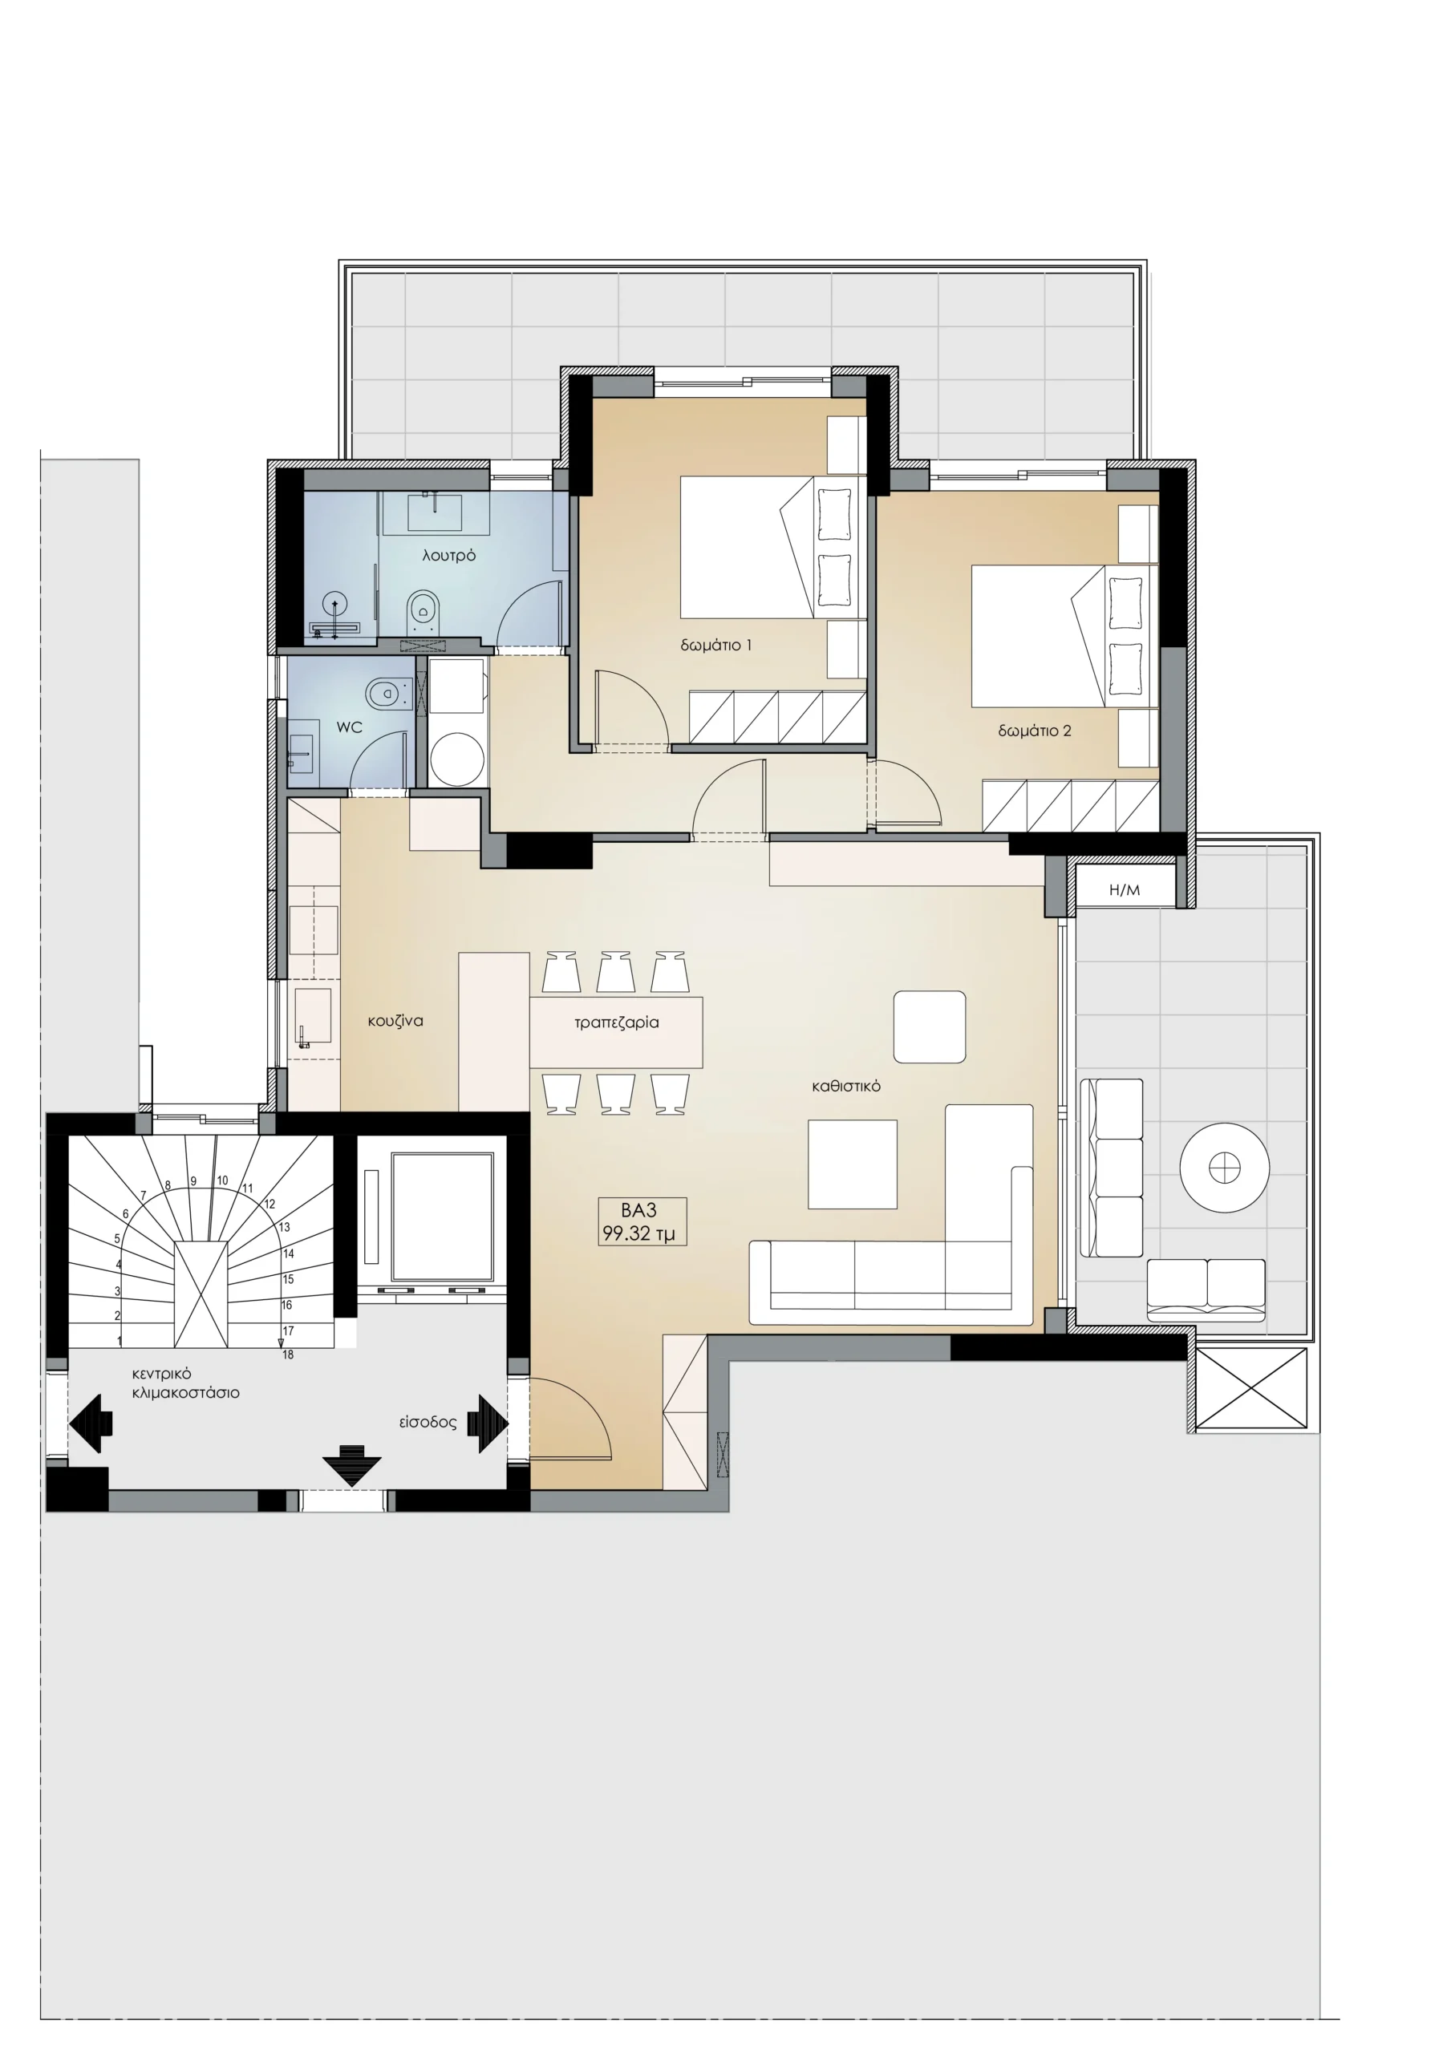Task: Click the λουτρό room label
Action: click(449, 555)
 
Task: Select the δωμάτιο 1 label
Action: click(715, 645)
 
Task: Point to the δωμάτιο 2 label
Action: click(1034, 731)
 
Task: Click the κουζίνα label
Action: click(395, 1020)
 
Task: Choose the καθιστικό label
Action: click(846, 1087)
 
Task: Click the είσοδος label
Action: click(428, 1422)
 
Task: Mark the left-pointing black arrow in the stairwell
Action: click(91, 1423)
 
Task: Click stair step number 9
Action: click(193, 1181)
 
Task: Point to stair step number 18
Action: click(288, 1354)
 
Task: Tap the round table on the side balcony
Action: click(1224, 1167)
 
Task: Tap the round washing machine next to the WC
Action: click(457, 760)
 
